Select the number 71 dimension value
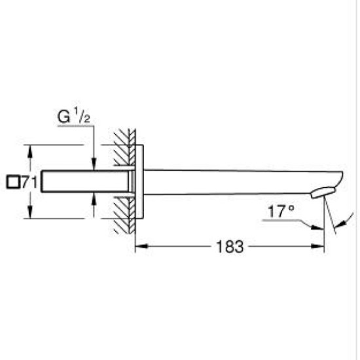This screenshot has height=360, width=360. pyautogui.click(x=27, y=183)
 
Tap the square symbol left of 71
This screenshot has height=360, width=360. pyautogui.click(x=11, y=183)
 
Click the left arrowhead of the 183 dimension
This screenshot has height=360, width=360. pyautogui.click(x=140, y=247)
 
